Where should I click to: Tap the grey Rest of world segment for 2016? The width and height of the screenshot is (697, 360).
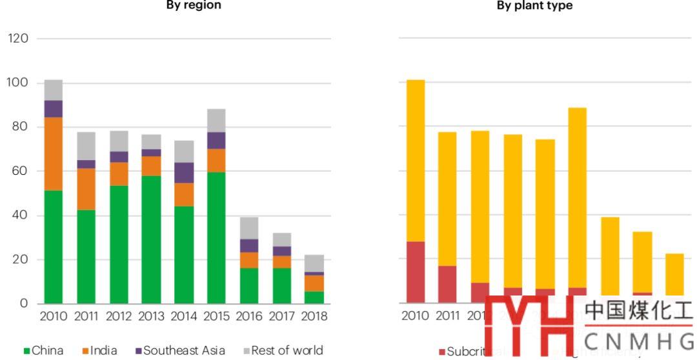tap(249, 228)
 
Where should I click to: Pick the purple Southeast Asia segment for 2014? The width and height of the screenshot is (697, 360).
tap(184, 172)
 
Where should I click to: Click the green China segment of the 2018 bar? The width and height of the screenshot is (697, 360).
tap(314, 297)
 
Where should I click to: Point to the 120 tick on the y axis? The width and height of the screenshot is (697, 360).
tap(18, 39)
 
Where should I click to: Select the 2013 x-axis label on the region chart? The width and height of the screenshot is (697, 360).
tap(151, 317)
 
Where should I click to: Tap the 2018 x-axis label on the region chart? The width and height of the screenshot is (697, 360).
tap(314, 317)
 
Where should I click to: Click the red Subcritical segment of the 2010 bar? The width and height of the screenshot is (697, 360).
tap(416, 272)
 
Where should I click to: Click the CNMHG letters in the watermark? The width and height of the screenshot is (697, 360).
tap(640, 339)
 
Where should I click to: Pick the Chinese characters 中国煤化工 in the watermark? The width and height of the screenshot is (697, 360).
tap(639, 311)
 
